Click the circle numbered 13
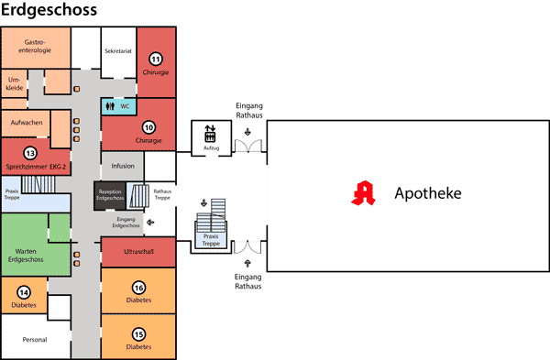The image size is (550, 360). pos(30,152)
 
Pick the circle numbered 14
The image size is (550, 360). pos(24,291)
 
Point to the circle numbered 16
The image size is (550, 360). pos(138,287)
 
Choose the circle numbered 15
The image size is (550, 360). pos(138,333)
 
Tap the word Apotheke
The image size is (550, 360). pos(427,194)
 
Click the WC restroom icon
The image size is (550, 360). pos(110,105)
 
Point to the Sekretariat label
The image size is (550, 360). pos(120,50)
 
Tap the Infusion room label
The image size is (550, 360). pos(123,166)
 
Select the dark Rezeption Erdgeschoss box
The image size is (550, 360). pos(109,194)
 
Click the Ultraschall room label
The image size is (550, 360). pos(138,249)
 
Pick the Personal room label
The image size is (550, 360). pos(34,339)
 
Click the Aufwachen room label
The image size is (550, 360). pos(26,123)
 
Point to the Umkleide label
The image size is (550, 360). pos(14,84)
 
